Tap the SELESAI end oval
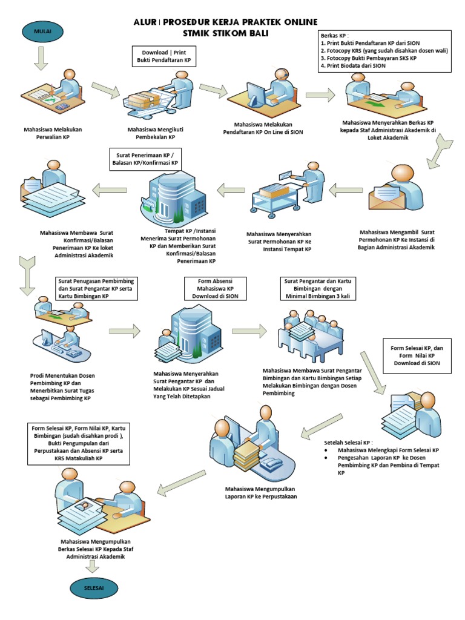pos(93,588)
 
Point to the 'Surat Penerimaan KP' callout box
pos(146,159)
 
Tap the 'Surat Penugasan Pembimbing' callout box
pos(96,289)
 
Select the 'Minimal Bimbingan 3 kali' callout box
pos(317,289)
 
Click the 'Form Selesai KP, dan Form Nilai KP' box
pos(417,356)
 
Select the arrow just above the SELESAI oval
pos(93,567)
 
